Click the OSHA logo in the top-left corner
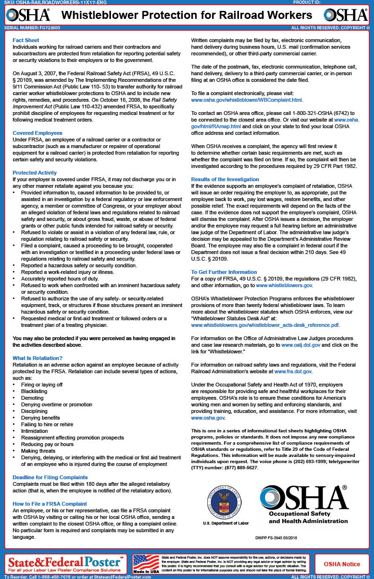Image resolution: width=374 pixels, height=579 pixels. pyautogui.click(x=28, y=15)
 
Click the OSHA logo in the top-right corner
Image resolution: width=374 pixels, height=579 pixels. pyautogui.click(x=346, y=15)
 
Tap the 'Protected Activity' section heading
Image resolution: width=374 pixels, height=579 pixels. pyautogui.click(x=34, y=173)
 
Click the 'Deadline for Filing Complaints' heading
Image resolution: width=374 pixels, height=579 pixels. pyautogui.click(x=50, y=477)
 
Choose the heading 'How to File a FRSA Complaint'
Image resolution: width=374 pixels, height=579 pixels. pyautogui.click(x=50, y=504)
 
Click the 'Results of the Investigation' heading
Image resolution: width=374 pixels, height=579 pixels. pyautogui.click(x=225, y=179)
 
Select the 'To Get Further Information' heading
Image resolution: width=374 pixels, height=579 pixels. pyautogui.click(x=224, y=272)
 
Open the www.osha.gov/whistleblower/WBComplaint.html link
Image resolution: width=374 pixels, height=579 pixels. pyautogui.click(x=246, y=100)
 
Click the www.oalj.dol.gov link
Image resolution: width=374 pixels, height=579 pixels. pyautogui.click(x=301, y=345)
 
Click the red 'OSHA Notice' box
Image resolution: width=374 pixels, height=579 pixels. pyautogui.click(x=341, y=564)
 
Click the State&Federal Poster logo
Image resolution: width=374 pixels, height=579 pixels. pyautogui.click(x=66, y=562)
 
